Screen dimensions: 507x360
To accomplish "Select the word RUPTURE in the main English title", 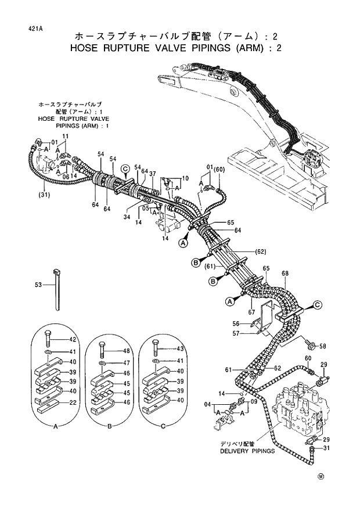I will pos(135,48).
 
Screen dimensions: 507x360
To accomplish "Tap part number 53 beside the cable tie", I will pos(38,285).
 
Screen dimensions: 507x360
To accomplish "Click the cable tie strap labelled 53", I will pos(58,290).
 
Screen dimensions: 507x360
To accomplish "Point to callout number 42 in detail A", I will pos(73,340).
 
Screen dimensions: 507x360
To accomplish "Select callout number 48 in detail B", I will pos(125,351).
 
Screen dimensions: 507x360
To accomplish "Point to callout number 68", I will pos(285,274).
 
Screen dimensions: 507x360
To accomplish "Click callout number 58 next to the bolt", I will pos(323,346).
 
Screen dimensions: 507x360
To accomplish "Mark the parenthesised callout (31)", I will pos(44,194).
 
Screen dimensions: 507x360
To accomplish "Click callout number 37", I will pos(153,174).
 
